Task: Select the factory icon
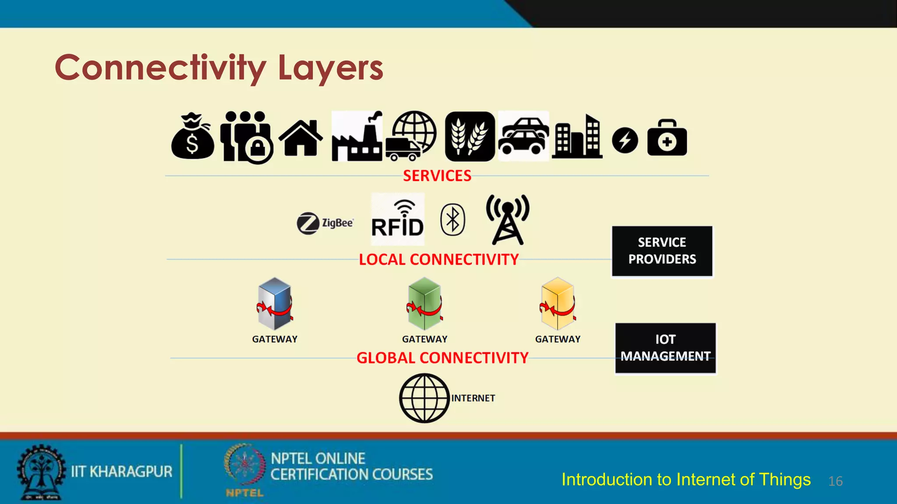pos(357,136)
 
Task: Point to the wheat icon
pos(470,136)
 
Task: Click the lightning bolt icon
pos(625,140)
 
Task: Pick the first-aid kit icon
pos(667,138)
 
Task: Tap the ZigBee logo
pos(325,223)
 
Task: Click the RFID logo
pos(397,220)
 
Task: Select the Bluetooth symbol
pos(452,220)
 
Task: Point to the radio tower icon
pos(508,220)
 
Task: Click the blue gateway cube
pos(275,303)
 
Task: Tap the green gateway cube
pos(424,303)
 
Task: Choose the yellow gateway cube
pos(558,303)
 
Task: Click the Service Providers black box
pos(662,251)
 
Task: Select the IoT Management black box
pos(665,348)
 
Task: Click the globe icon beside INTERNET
pos(424,398)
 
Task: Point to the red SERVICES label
pos(437,176)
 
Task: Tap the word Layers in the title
pos(331,68)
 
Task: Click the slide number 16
pos(835,481)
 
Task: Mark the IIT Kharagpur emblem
pos(41,472)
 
